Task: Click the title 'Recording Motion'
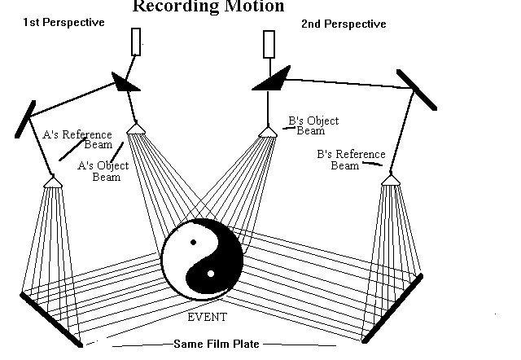coord(208,7)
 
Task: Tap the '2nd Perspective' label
coord(344,24)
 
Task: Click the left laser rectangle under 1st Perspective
coord(136,42)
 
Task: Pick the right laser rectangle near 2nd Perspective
coord(269,45)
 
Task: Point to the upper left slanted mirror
coord(24,116)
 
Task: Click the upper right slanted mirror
coord(416,89)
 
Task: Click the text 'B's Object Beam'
coord(313,125)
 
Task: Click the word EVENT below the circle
coord(207,317)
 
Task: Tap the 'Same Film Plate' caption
coord(216,344)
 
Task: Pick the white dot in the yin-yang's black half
coord(211,273)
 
